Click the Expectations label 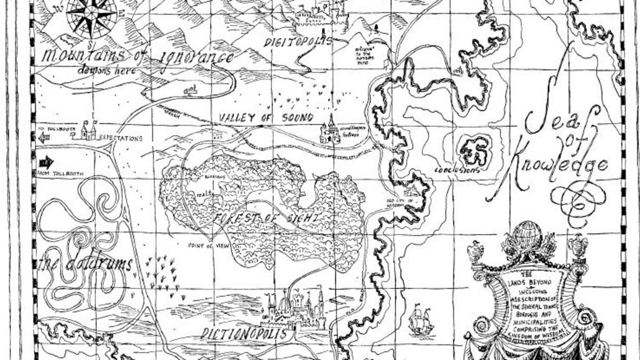pos(121,138)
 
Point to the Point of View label pos(206,246)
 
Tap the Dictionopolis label pos(246,334)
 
